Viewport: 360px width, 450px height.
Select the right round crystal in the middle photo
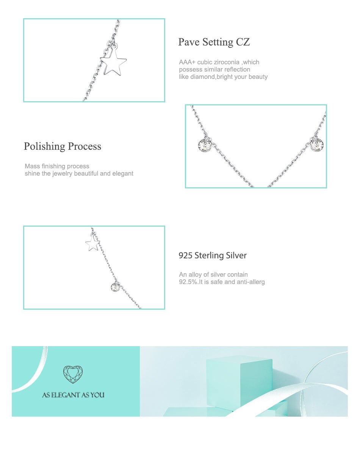pos(317,145)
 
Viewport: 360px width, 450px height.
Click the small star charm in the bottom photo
pos(92,243)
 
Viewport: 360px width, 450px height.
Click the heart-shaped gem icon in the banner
pos(73,374)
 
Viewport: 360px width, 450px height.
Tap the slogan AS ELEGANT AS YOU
pos(73,395)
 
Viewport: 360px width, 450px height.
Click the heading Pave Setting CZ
pos(214,42)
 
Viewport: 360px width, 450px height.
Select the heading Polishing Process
pos(63,146)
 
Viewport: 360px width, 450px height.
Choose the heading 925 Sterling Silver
pos(213,256)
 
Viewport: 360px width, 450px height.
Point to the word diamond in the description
pos(202,77)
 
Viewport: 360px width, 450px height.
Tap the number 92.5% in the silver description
pos(188,282)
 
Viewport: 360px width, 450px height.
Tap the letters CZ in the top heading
pos(243,42)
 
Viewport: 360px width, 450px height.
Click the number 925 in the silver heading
pos(185,256)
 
